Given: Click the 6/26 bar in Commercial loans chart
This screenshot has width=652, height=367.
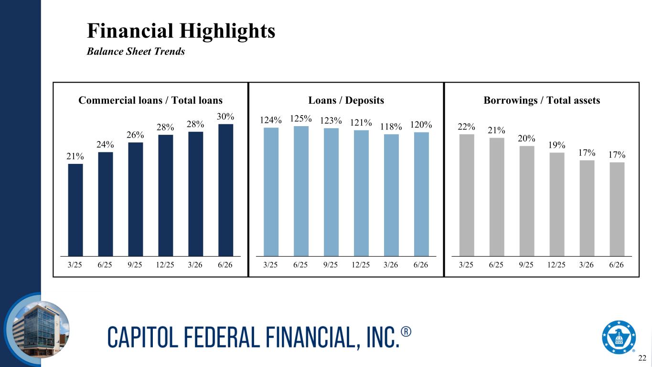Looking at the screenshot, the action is click(225, 190).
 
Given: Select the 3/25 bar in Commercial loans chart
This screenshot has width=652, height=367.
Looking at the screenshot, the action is click(75, 210).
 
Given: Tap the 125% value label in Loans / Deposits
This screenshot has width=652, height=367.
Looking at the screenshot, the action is click(300, 119).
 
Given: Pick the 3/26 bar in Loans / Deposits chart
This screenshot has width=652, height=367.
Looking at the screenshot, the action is click(391, 195).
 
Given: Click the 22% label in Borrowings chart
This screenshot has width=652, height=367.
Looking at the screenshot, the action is click(466, 127).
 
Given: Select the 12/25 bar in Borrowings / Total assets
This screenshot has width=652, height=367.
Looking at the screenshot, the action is click(557, 205).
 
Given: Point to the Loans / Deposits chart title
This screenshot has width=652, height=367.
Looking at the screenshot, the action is click(346, 100).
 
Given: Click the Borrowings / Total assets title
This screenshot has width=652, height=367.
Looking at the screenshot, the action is click(542, 100).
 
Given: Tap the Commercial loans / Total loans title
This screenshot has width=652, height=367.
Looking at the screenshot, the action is click(150, 100).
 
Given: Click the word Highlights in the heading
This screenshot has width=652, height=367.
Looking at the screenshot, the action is click(227, 31).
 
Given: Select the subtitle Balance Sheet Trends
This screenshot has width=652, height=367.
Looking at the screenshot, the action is click(136, 51).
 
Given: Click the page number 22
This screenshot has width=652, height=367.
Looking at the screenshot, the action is click(642, 358).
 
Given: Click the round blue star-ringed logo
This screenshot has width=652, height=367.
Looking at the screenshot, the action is click(619, 337).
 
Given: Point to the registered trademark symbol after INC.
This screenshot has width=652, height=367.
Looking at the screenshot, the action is click(406, 332).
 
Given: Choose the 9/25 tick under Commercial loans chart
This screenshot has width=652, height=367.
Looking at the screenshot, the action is click(135, 265).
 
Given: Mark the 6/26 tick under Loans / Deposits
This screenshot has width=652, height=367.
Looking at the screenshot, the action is click(421, 265).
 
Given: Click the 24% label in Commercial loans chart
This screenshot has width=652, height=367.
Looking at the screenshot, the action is click(105, 144).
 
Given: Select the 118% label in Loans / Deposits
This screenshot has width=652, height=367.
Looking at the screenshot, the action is click(391, 127).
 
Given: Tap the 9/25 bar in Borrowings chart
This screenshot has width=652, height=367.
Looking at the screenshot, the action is click(527, 201).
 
